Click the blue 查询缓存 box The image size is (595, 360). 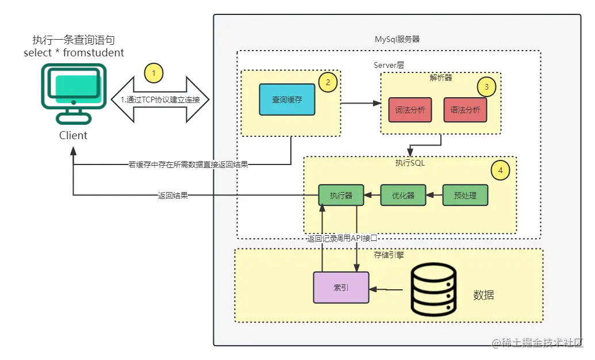tap(287, 99)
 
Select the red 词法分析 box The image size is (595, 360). tap(410, 109)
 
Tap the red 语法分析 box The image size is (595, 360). tap(465, 109)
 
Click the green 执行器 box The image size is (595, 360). tap(341, 196)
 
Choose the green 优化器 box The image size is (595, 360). tap(403, 196)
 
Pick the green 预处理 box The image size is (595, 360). tap(465, 196)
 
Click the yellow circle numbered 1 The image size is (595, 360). tap(154, 73)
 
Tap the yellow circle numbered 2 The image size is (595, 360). tap(328, 82)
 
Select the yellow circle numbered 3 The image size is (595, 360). tap(486, 87)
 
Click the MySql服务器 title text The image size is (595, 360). tap(397, 40)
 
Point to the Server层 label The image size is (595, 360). tap(389, 65)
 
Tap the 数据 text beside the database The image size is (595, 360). tap(483, 296)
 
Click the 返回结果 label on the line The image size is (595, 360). tap(172, 196)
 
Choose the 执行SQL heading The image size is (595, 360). tap(410, 163)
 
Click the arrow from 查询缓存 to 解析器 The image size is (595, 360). tap(360, 104)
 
